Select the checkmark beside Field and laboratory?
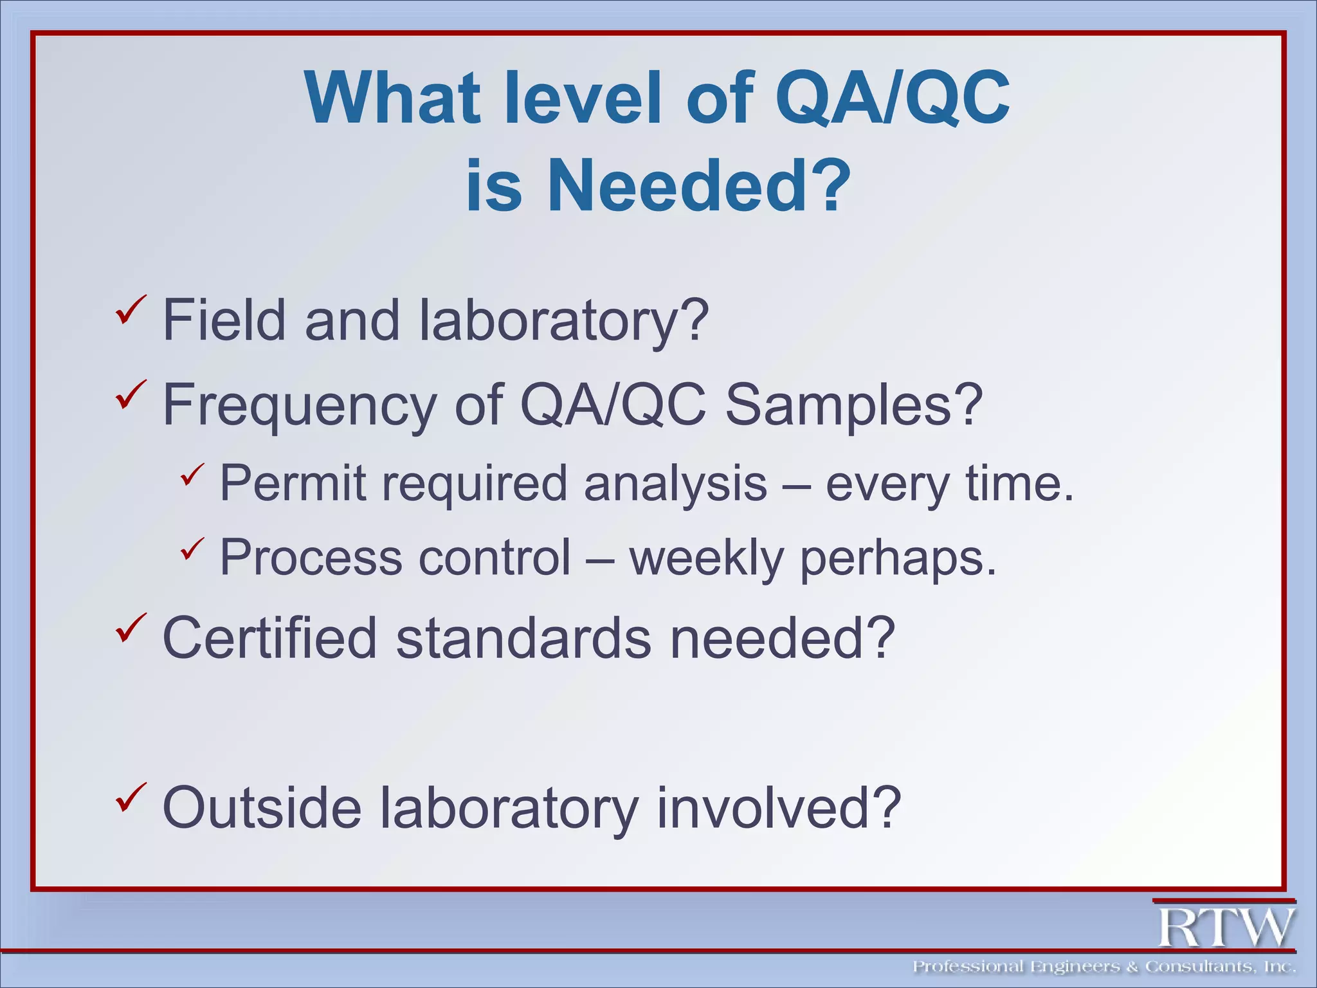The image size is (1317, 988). (x=131, y=309)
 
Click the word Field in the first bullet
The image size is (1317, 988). (x=224, y=320)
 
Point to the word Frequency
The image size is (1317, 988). (x=299, y=405)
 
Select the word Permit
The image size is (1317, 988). (x=293, y=483)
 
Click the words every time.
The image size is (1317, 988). (x=949, y=483)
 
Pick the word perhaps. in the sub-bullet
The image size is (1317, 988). (x=898, y=557)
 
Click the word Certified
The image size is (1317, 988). (x=269, y=638)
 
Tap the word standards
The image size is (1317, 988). (x=523, y=638)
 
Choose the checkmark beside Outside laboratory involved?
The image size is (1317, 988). (x=131, y=797)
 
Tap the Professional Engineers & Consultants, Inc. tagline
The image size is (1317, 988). (x=1104, y=967)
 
